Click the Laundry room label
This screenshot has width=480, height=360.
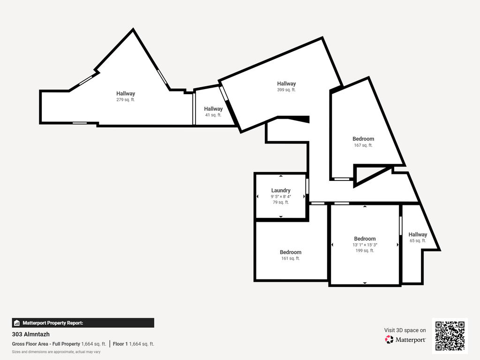(x=281, y=190)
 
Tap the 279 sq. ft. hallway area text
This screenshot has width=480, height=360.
(x=126, y=100)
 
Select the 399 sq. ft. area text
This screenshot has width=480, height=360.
(x=286, y=90)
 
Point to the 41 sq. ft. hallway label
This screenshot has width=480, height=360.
(x=213, y=109)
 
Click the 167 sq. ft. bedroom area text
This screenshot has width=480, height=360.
(x=363, y=145)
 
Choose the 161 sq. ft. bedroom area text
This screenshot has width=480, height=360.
(x=291, y=258)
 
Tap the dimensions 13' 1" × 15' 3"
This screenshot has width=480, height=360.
(x=365, y=245)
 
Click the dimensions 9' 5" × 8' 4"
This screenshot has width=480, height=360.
(x=281, y=196)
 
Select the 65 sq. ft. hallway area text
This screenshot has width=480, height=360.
(x=418, y=240)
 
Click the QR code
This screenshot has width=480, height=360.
(x=450, y=336)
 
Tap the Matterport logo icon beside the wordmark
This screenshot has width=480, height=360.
(x=389, y=339)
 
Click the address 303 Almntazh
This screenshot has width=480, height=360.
(x=30, y=334)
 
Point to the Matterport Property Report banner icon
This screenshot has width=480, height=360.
(x=17, y=323)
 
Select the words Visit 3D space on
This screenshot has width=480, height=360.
(x=405, y=330)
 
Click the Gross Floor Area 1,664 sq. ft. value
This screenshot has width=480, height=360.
(x=94, y=344)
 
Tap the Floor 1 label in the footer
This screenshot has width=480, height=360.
(x=120, y=344)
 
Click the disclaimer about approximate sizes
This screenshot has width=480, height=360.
(x=56, y=352)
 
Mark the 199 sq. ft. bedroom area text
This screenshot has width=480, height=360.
(x=365, y=251)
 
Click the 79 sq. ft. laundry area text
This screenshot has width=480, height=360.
(x=281, y=202)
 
